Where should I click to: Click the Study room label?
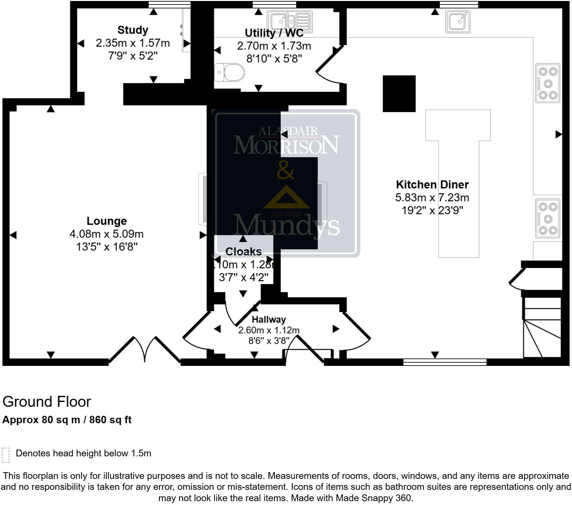(133, 30)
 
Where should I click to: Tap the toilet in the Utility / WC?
(230, 72)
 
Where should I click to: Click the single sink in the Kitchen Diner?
(458, 22)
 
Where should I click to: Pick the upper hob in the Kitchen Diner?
(548, 83)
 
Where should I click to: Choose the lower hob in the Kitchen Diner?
(548, 219)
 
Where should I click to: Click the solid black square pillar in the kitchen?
(399, 94)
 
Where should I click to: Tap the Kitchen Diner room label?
(432, 185)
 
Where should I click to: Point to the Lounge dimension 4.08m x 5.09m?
(107, 234)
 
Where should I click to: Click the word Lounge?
(107, 221)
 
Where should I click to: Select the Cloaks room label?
(243, 252)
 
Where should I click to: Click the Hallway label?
(269, 319)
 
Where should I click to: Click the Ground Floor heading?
(47, 402)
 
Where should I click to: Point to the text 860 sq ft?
(110, 420)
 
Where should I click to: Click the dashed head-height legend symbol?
(6, 455)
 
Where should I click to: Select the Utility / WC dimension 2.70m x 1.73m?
(274, 46)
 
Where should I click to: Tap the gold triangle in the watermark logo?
(286, 198)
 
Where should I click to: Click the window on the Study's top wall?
(169, 5)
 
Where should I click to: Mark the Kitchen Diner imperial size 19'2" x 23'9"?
(432, 210)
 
